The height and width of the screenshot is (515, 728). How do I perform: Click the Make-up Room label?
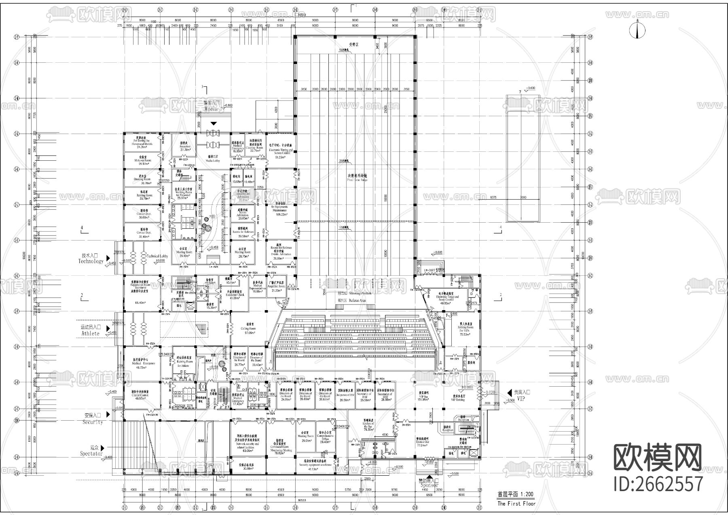click(142, 161)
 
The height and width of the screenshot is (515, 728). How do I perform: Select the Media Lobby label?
click(212, 160)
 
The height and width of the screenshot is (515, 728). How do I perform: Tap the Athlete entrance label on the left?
click(89, 333)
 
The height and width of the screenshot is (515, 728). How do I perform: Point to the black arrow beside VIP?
click(510, 393)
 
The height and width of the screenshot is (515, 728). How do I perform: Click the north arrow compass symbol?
click(637, 30)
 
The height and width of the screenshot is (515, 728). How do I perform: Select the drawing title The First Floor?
click(516, 503)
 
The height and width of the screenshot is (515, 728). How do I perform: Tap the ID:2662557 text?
click(658, 484)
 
